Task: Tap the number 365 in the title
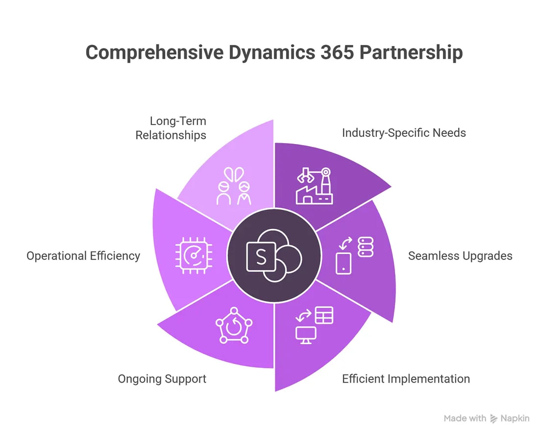[x=337, y=53]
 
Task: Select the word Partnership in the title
[x=411, y=53]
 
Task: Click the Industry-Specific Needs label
[x=404, y=133]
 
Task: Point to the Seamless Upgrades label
[x=460, y=256]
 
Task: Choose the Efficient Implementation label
[x=406, y=379]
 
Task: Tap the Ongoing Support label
[x=162, y=379]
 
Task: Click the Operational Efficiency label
[x=83, y=256]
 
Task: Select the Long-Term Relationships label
[x=171, y=128]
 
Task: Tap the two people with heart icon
[x=234, y=186]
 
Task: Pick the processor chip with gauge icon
[x=194, y=255]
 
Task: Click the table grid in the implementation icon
[x=324, y=315]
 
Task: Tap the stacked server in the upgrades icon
[x=366, y=247]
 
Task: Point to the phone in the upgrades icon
[x=343, y=263]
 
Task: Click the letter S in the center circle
[x=261, y=257]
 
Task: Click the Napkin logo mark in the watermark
[x=494, y=419]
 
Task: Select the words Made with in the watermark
[x=465, y=418]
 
